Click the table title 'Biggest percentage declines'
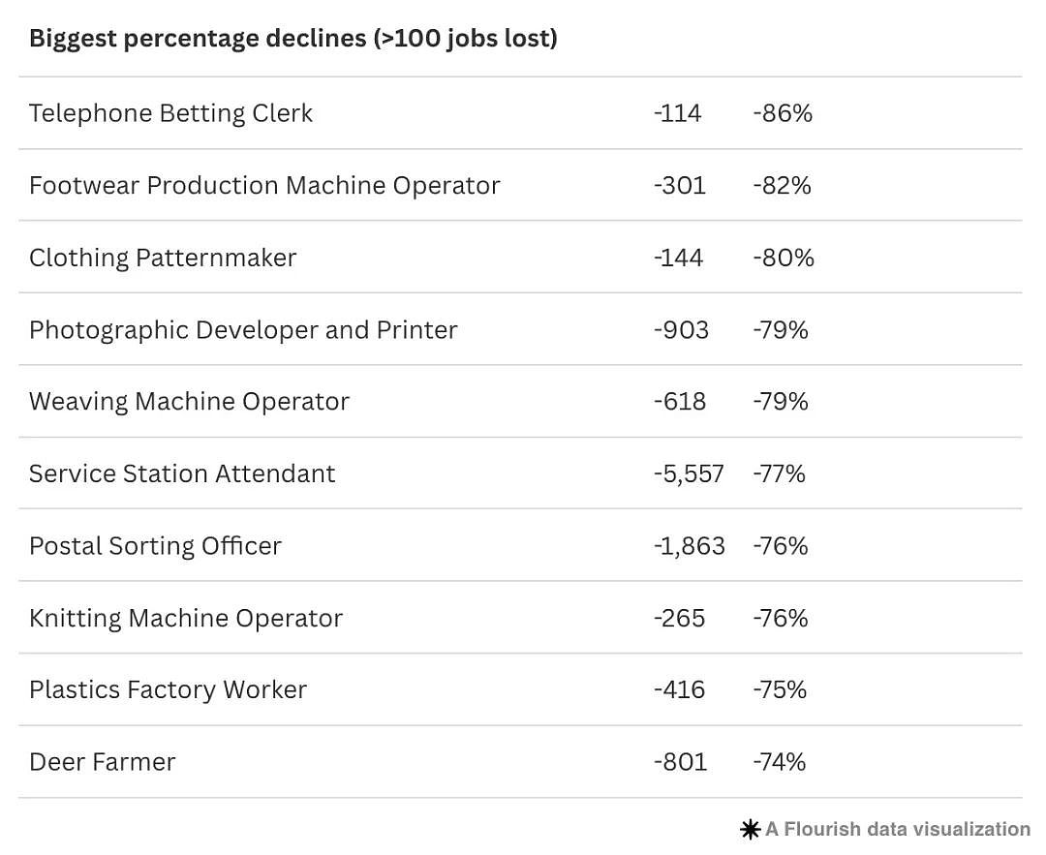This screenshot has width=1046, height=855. pyautogui.click(x=198, y=39)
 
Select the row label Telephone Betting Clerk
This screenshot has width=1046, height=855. pyautogui.click(x=170, y=113)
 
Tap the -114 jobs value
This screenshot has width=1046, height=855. pyautogui.click(x=678, y=113)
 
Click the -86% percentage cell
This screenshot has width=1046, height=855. pyautogui.click(x=783, y=113)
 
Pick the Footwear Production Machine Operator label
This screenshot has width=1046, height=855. pyautogui.click(x=264, y=185)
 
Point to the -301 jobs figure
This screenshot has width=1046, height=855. pyautogui.click(x=680, y=185)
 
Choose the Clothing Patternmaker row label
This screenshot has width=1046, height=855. pyautogui.click(x=163, y=258)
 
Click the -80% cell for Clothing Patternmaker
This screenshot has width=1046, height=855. pyautogui.click(x=784, y=258)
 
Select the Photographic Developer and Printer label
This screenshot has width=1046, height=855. pyautogui.click(x=243, y=330)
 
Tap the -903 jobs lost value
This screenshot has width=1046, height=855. pyautogui.click(x=681, y=330)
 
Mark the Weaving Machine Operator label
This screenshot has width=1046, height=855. pyautogui.click(x=190, y=402)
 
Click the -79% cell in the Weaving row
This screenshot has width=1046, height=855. pyautogui.click(x=781, y=402)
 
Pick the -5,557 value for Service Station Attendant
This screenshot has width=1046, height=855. pyautogui.click(x=690, y=474)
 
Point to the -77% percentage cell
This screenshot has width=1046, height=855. pyautogui.click(x=779, y=474)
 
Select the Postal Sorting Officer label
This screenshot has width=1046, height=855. pyautogui.click(x=155, y=546)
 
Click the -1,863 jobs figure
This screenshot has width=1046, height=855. pyautogui.click(x=690, y=546)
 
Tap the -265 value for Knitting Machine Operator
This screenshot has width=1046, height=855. pyautogui.click(x=679, y=618)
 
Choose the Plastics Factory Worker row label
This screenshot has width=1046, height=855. pyautogui.click(x=169, y=689)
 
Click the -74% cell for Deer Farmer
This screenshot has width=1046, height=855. pyautogui.click(x=779, y=762)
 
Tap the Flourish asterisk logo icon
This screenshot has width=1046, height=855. pyautogui.click(x=751, y=830)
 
